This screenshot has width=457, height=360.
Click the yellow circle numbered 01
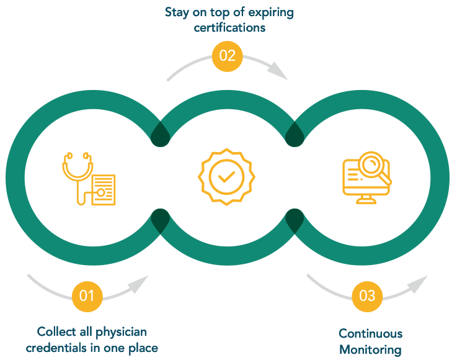[87, 296]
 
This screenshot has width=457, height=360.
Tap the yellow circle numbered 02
[228, 56]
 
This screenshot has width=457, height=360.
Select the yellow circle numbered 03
[367, 296]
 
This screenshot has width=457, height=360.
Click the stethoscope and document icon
[89, 179]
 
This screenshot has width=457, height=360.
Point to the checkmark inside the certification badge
[226, 177]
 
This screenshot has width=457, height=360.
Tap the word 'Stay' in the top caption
[177, 13]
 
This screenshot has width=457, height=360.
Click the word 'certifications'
[229, 28]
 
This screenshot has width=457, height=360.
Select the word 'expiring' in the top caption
[271, 13]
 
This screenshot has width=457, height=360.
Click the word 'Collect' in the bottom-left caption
[56, 331]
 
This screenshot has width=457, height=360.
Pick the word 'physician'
[121, 333]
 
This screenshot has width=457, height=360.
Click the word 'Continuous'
[370, 333]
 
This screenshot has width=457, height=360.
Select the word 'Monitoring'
[370, 350]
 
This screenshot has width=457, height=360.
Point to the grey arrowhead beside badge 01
[140, 284]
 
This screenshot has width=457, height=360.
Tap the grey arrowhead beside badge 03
[419, 284]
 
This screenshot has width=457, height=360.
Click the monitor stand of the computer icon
[366, 199]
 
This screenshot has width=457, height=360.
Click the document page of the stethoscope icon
[104, 190]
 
